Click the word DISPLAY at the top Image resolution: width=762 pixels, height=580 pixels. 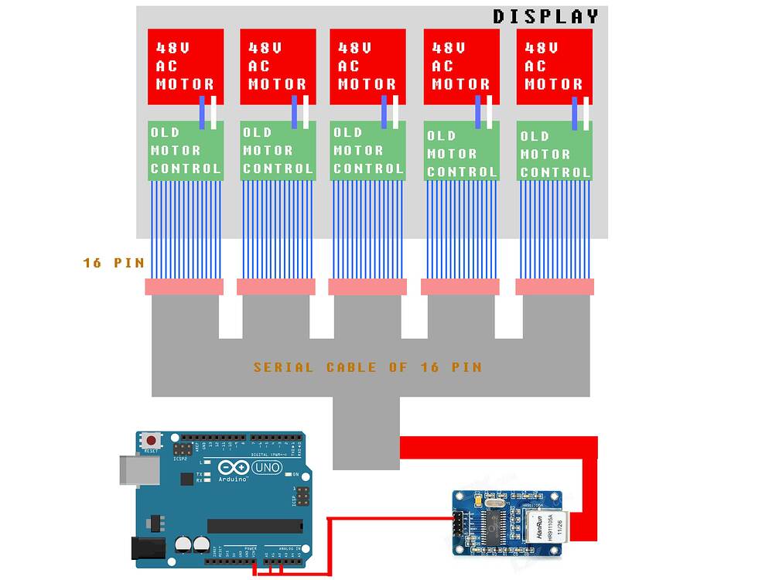tap(545, 16)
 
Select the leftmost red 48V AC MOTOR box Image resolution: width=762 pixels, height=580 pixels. tap(186, 67)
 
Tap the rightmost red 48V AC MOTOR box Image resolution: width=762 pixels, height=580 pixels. tap(554, 67)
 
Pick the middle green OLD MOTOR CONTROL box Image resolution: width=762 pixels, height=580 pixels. tap(368, 151)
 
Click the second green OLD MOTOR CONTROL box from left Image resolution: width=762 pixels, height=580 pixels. tap(278, 151)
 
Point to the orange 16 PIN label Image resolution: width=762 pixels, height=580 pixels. tap(113, 263)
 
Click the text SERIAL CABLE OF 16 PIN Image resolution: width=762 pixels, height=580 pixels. tap(367, 367)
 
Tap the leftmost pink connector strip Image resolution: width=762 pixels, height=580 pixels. tap(184, 287)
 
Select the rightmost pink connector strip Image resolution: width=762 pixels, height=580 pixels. tap(555, 287)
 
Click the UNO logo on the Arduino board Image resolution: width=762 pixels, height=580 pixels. tap(267, 469)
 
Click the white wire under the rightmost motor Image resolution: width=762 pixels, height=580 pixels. tap(587, 113)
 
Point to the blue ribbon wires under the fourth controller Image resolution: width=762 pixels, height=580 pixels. tap(461, 229)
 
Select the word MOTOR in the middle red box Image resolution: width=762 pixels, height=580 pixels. tap(368, 84)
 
